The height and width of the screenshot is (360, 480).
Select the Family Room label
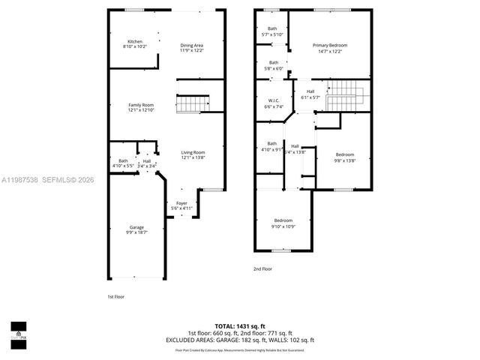coord(141,107)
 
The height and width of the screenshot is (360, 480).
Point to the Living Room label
coord(193,154)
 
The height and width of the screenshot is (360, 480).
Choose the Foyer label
coord(182,205)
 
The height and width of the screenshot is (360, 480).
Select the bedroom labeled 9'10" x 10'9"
coord(283,222)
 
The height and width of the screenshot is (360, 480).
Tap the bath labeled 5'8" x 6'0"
coord(274,65)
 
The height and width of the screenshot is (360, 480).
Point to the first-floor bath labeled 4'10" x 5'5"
coord(123,162)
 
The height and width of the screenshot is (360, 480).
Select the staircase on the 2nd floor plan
coord(346,95)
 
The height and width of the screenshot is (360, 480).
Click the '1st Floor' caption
coord(115,297)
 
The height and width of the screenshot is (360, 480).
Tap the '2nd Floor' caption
coord(262,268)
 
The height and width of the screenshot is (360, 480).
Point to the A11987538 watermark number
coord(21,179)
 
